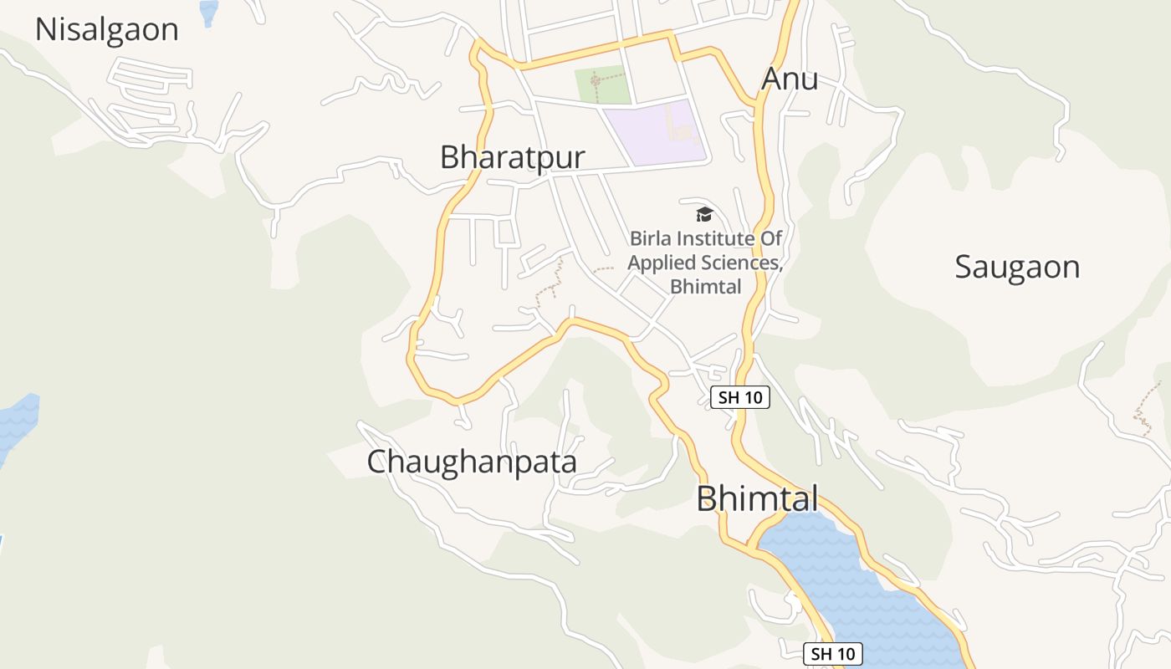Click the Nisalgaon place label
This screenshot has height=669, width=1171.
(106, 30)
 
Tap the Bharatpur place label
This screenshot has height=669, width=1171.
(512, 157)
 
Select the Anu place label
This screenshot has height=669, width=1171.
(789, 79)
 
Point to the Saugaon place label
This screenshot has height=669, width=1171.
(1017, 267)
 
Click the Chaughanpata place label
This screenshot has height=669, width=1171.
(472, 462)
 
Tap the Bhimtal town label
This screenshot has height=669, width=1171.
(757, 498)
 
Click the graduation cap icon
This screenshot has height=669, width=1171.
(704, 214)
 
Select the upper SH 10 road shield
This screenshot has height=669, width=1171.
(739, 397)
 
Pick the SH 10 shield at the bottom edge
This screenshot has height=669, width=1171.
(832, 654)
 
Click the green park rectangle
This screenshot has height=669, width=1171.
(602, 84)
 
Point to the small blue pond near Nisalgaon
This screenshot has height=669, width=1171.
(208, 11)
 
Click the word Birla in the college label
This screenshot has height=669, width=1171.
(651, 239)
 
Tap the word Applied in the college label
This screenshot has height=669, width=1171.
(662, 263)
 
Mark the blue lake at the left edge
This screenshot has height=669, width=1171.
(17, 422)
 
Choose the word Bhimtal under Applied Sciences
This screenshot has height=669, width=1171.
(705, 287)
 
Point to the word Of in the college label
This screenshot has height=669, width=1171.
(771, 239)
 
